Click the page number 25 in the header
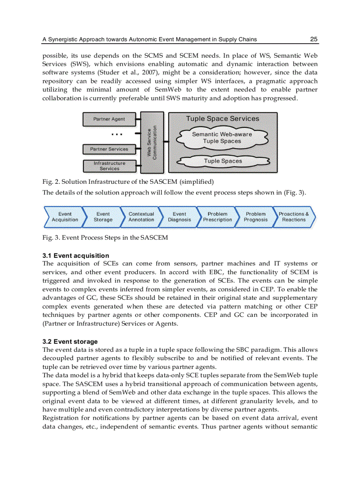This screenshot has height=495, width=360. tap(314, 39)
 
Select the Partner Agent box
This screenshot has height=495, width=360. tap(109, 119)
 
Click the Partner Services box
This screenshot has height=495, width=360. tap(109, 149)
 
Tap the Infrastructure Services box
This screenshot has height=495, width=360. tap(109, 166)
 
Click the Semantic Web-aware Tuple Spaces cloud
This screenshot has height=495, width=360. tap(222, 138)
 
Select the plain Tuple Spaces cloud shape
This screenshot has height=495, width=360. tap(223, 161)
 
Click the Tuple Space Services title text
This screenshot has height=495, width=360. tap(223, 119)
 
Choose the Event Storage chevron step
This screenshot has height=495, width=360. tap(103, 217)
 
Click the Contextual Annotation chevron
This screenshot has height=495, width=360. tap(141, 217)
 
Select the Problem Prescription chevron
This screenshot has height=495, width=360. tap(217, 217)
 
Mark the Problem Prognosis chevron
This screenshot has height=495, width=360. tap(256, 217)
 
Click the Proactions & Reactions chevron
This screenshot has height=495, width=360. tap(294, 217)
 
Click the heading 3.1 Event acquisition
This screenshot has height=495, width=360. tap(75, 256)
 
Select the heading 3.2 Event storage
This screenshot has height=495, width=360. tap(70, 342)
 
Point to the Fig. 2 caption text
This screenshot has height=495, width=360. tap(128, 182)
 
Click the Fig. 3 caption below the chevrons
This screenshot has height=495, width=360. tap(105, 238)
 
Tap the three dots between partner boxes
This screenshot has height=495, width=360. tap(117, 134)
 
